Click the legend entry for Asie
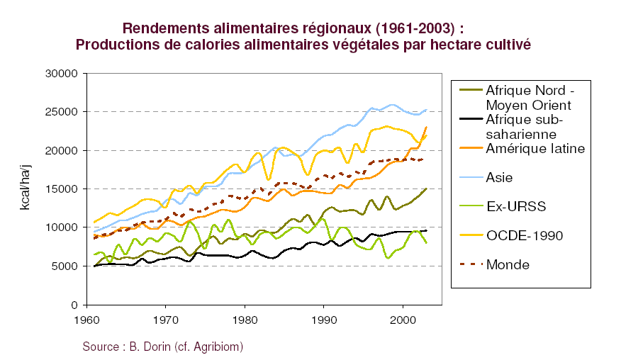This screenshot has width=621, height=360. pyautogui.click(x=498, y=177)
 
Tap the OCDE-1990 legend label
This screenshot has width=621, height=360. pyautogui.click(x=524, y=235)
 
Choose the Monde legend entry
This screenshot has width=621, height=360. pyautogui.click(x=507, y=264)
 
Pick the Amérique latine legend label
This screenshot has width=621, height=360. pyautogui.click(x=534, y=148)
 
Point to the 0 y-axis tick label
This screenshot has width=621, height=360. pyautogui.click(x=72, y=305)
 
